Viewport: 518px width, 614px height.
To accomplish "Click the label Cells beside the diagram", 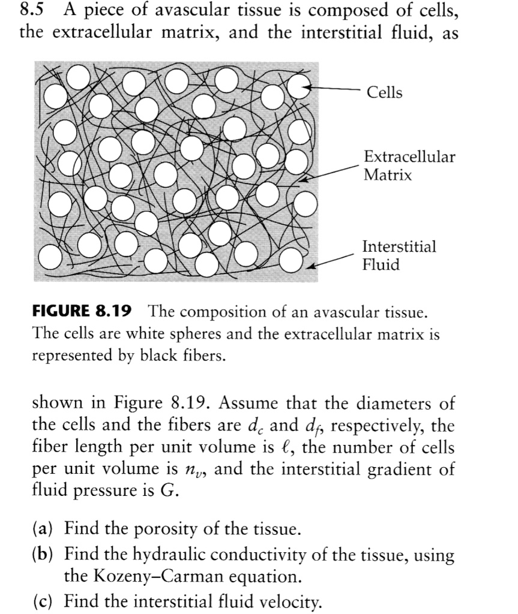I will click(x=385, y=92).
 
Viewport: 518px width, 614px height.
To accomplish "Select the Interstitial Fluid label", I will click(x=399, y=255).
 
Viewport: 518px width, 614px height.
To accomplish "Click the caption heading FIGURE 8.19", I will click(x=82, y=312).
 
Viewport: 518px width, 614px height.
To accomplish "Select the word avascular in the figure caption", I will click(x=338, y=312).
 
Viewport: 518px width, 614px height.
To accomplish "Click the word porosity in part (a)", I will click(x=170, y=530).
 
